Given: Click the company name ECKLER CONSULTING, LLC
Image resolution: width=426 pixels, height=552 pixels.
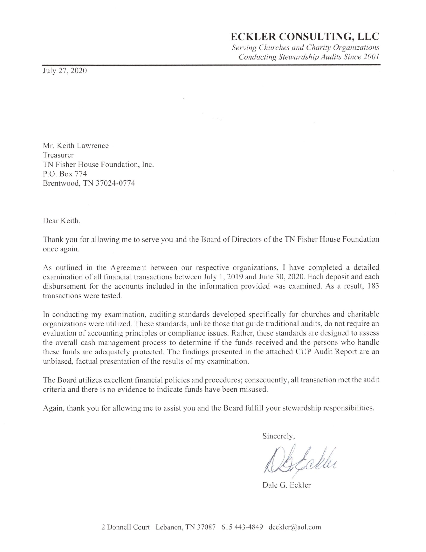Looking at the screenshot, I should click(305, 37).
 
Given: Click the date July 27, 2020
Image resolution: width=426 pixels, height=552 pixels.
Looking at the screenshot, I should click(65, 71).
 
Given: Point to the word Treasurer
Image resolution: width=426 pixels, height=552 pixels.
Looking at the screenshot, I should click(58, 155).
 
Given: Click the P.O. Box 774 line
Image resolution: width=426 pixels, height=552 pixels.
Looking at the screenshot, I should click(65, 174).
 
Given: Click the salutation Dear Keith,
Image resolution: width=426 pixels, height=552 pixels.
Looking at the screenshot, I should click(62, 221).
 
